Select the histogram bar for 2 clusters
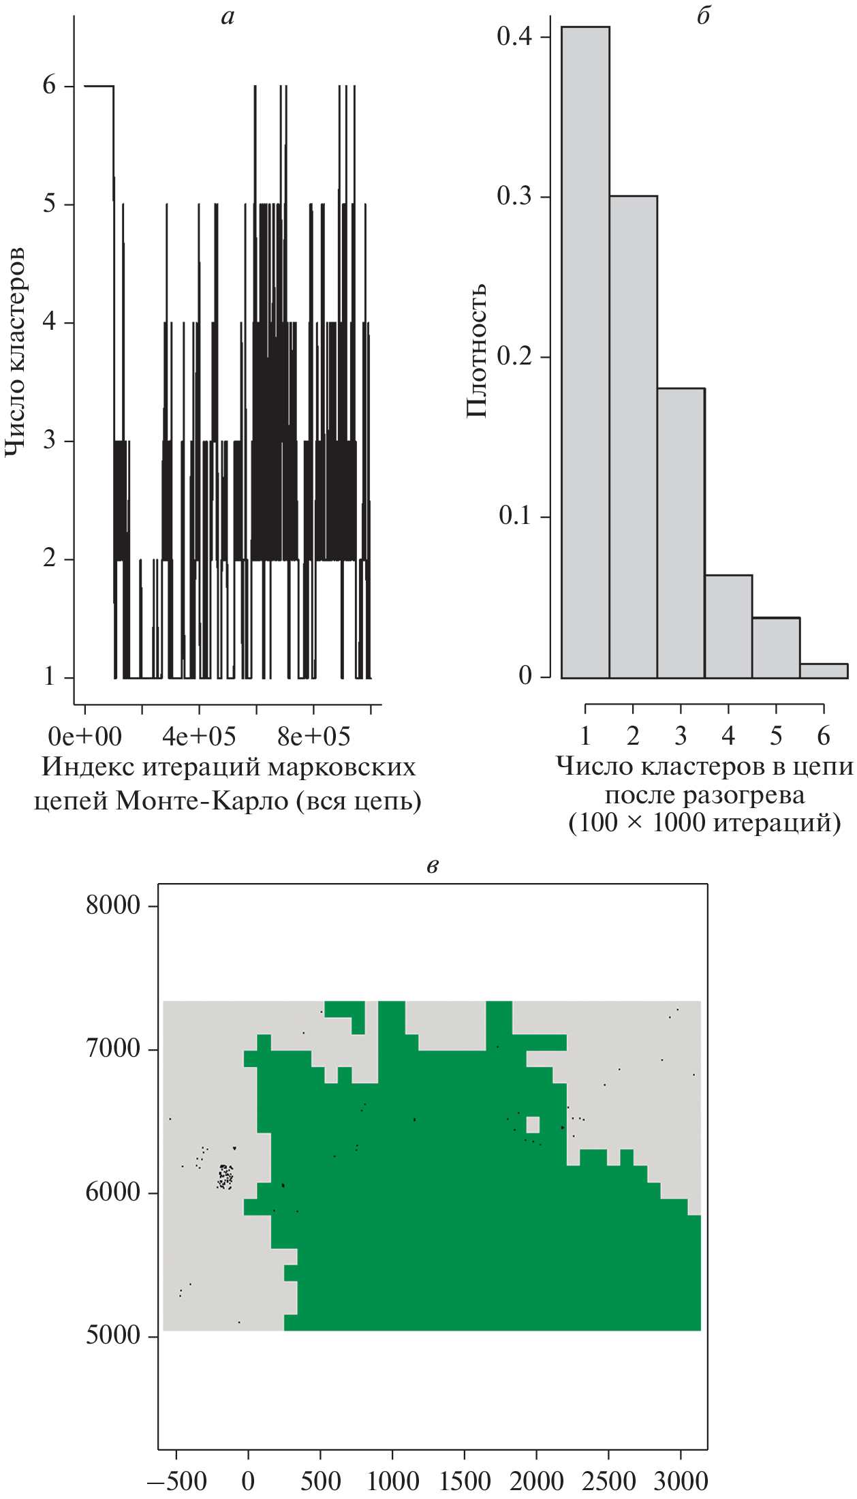633,437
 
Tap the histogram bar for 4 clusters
728,626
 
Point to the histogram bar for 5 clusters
776,647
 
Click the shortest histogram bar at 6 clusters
824,670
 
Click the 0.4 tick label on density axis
514,37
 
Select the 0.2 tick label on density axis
514,356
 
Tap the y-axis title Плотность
476,350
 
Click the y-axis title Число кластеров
15,352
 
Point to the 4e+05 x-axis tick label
199,737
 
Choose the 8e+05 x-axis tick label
314,737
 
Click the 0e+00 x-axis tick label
85,737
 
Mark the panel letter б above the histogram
704,16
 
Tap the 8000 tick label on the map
113,906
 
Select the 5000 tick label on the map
113,1335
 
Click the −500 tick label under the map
176,1481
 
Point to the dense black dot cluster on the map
225,1177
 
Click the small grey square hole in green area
533,1124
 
